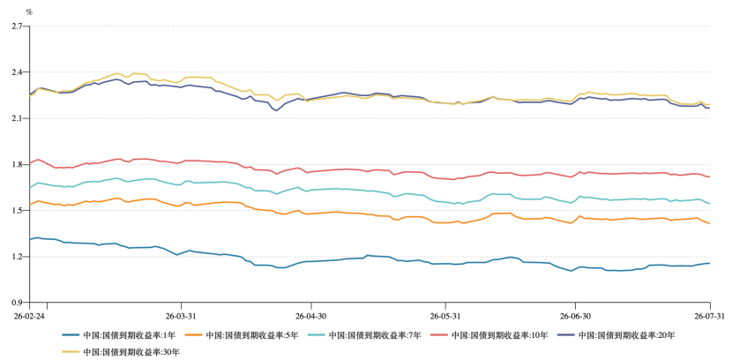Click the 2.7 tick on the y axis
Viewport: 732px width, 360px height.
tap(18, 26)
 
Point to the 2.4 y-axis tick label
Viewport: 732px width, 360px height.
tap(18, 72)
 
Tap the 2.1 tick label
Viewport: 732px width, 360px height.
tap(18, 118)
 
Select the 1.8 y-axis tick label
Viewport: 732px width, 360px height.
tap(18, 164)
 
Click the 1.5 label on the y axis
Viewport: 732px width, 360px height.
tap(18, 211)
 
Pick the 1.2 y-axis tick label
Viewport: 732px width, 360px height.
tap(18, 257)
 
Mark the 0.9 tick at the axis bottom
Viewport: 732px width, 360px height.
tap(18, 303)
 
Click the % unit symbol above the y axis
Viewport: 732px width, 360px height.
tap(29, 12)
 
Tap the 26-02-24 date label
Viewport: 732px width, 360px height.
tap(29, 316)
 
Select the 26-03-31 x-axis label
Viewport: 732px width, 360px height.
tap(181, 316)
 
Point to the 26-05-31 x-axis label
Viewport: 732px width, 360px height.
tap(445, 316)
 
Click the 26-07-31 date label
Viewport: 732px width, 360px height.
tap(710, 316)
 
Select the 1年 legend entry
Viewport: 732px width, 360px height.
tap(120, 334)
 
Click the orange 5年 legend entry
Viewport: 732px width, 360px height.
tap(242, 334)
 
